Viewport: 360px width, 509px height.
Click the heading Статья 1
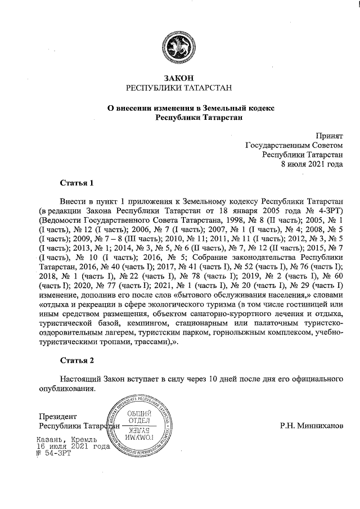[x=76, y=183]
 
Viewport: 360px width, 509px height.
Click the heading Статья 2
[x=76, y=359]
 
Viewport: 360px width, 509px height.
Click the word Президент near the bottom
[x=57, y=417]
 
